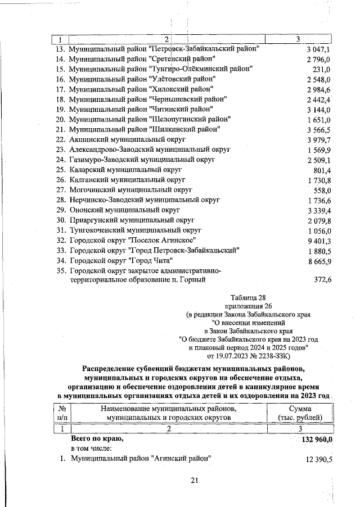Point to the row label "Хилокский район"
click(141, 89)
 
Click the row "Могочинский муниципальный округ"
click(130, 190)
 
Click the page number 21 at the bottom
click(195, 479)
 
